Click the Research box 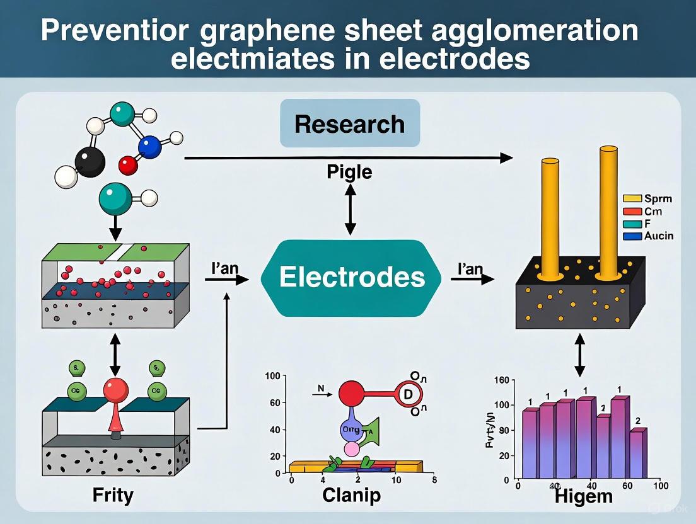(349, 123)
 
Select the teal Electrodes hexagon (352, 277)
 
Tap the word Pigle (349, 172)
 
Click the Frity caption (113, 494)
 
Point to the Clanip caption (351, 495)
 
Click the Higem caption (583, 496)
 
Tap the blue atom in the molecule (150, 146)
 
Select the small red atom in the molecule (128, 166)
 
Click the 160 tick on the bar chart (501, 380)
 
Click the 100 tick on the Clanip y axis (273, 376)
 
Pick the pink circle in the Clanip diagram (351, 448)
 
